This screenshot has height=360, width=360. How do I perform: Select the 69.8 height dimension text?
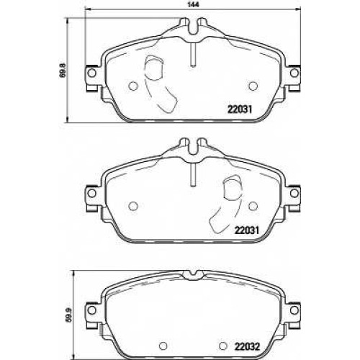click(x=63, y=69)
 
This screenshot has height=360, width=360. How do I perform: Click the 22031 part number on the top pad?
click(x=240, y=109)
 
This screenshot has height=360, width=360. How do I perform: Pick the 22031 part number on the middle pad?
click(x=247, y=230)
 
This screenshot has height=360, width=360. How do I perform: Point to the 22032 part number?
click(x=248, y=346)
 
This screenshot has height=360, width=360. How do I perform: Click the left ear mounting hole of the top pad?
click(x=91, y=73)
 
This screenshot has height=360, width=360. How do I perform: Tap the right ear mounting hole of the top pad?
click(x=294, y=73)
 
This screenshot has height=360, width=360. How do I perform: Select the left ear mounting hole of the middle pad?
click(x=91, y=193)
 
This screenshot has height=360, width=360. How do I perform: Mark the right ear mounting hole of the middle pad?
click(x=294, y=193)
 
